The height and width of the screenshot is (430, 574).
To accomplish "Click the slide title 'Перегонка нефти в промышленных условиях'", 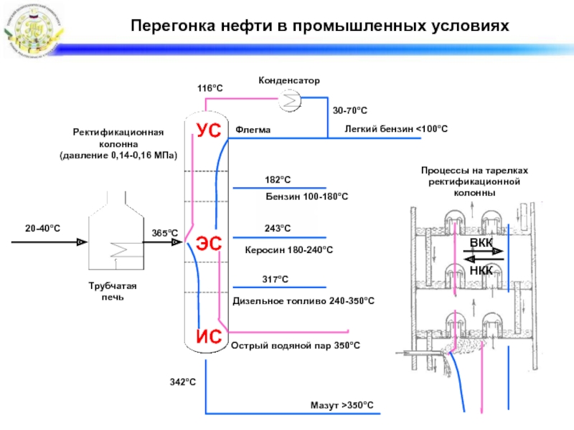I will (319, 27).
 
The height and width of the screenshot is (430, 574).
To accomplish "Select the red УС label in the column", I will (209, 132).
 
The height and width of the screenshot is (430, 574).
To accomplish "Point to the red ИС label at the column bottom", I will (209, 335).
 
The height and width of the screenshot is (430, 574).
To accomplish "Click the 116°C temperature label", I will (210, 87).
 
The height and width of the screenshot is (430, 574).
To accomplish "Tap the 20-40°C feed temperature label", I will (42, 228).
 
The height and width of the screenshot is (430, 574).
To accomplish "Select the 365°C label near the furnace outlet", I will (164, 233).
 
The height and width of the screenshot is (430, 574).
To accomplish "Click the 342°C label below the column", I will (183, 382).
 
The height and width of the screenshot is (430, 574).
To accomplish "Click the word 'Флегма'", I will (253, 130).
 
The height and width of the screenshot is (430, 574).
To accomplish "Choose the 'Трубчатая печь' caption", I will (113, 292).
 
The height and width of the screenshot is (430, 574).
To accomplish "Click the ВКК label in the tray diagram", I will (481, 243).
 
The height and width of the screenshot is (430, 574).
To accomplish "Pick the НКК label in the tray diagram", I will (481, 270).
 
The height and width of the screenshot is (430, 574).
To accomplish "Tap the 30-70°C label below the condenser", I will (350, 111).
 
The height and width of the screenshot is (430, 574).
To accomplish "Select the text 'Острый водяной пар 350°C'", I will (295, 345).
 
